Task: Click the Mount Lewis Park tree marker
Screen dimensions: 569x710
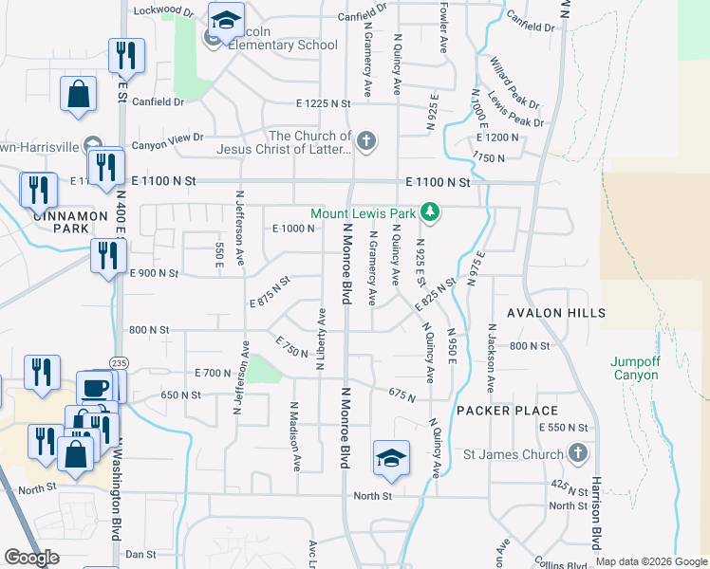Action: coord(431,211)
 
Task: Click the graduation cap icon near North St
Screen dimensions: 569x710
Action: coord(391,458)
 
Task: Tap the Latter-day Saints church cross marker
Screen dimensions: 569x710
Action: coord(366,143)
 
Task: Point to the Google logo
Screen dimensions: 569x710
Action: coord(31,558)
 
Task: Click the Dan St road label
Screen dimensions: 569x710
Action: coord(140,554)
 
